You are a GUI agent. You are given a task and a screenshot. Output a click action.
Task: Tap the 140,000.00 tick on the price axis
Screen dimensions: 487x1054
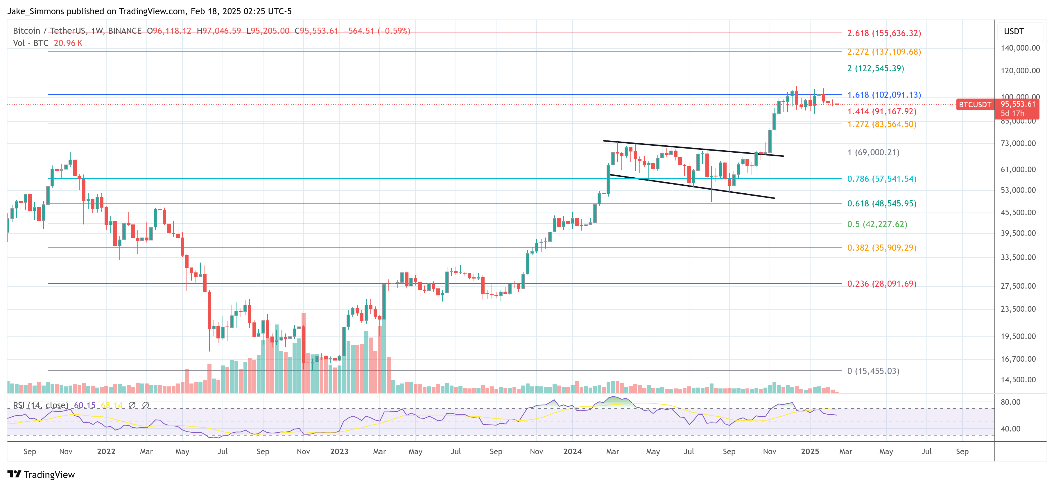pyautogui.click(x=1020, y=48)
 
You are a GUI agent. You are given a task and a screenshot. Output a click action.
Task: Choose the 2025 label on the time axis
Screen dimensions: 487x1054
pyautogui.click(x=810, y=451)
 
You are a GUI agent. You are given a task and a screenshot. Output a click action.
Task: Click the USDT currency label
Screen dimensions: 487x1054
pyautogui.click(x=1014, y=31)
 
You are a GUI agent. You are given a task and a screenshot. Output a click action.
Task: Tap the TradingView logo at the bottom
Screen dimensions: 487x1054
pyautogui.click(x=41, y=475)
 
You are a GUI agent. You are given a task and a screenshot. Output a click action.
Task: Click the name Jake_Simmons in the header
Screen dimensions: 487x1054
pyautogui.click(x=36, y=11)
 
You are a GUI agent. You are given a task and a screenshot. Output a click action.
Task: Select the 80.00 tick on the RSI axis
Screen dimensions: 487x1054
pyautogui.click(x=1010, y=402)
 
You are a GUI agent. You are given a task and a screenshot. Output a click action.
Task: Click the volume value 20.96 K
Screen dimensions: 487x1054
pyautogui.click(x=68, y=43)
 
